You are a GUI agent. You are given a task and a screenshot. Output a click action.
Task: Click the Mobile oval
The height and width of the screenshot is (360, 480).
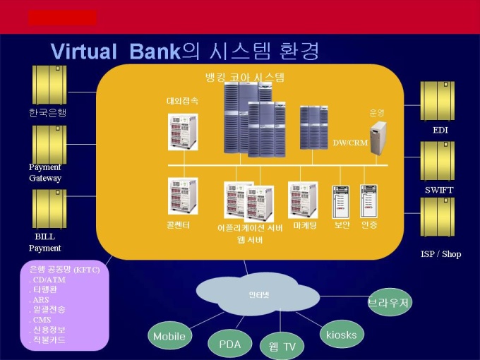[x=169, y=336]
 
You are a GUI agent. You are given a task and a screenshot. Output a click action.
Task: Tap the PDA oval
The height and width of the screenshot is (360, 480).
[x=230, y=344]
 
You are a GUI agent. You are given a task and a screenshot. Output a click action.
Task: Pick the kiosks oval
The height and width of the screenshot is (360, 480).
[x=342, y=334]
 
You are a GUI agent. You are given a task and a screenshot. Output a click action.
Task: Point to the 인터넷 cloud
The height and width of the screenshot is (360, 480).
[x=259, y=294]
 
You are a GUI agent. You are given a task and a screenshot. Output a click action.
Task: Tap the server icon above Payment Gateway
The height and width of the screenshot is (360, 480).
[x=49, y=144]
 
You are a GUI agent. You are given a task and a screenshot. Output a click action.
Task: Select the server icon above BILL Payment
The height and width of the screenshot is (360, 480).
[x=49, y=208]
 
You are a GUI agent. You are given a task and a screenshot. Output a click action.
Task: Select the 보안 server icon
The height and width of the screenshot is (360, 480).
[x=342, y=201]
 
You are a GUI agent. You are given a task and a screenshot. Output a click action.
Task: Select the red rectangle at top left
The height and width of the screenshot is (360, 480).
[x=62, y=17]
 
